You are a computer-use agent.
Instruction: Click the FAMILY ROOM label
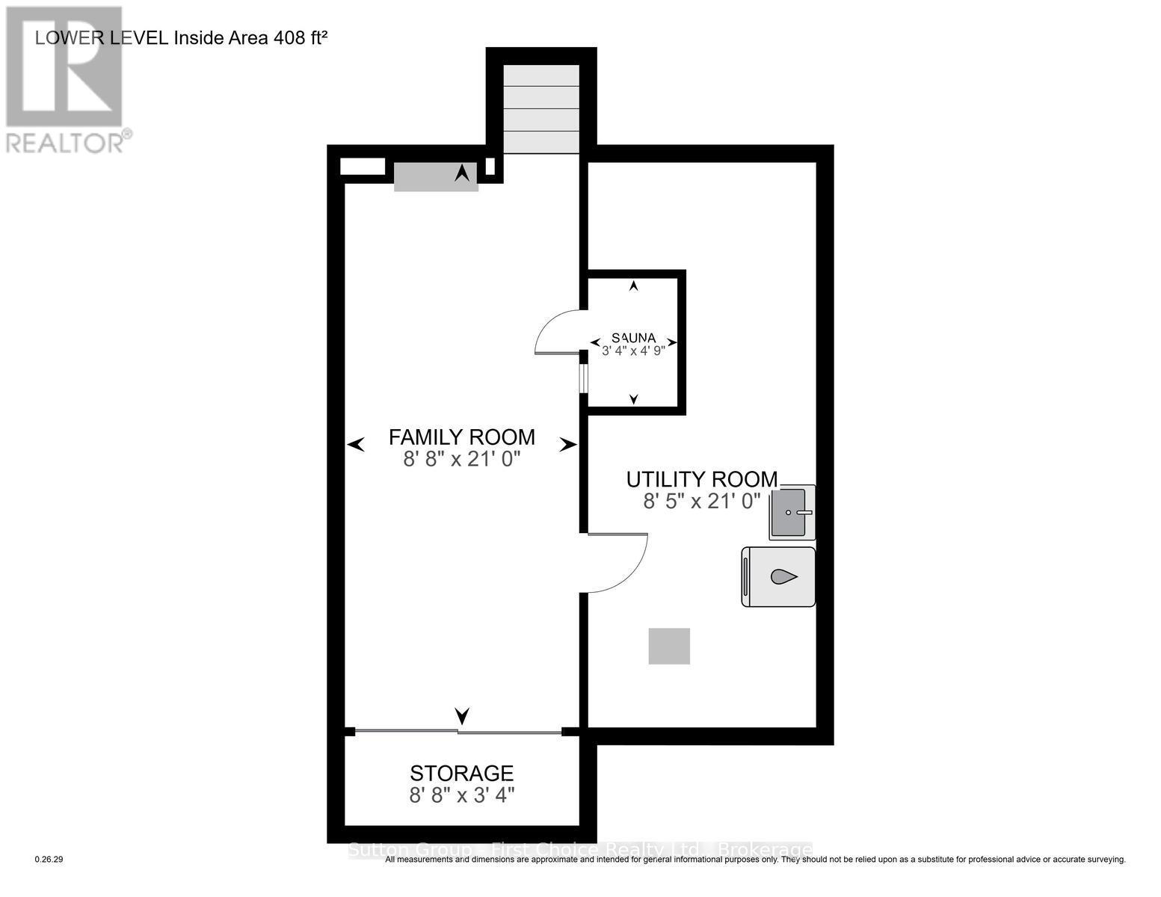[461, 437]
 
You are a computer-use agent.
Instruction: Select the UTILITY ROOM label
[701, 479]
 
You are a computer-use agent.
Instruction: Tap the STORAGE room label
[461, 773]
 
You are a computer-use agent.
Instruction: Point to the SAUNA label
[633, 337]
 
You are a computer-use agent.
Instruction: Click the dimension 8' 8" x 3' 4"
[461, 795]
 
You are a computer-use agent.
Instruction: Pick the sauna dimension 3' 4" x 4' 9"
[633, 350]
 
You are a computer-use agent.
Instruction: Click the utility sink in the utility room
[791, 513]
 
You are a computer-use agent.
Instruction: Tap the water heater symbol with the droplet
[779, 577]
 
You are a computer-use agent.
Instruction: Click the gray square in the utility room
[669, 646]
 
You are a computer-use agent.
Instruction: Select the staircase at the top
[541, 109]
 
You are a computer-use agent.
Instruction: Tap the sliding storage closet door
[458, 731]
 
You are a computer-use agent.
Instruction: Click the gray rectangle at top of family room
[436, 177]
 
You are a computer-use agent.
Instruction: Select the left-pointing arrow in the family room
[356, 446]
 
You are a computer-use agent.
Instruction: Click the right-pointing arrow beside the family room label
[568, 446]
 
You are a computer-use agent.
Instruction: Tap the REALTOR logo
[65, 78]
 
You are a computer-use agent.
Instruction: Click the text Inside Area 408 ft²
[250, 38]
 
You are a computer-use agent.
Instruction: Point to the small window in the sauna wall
[583, 377]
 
